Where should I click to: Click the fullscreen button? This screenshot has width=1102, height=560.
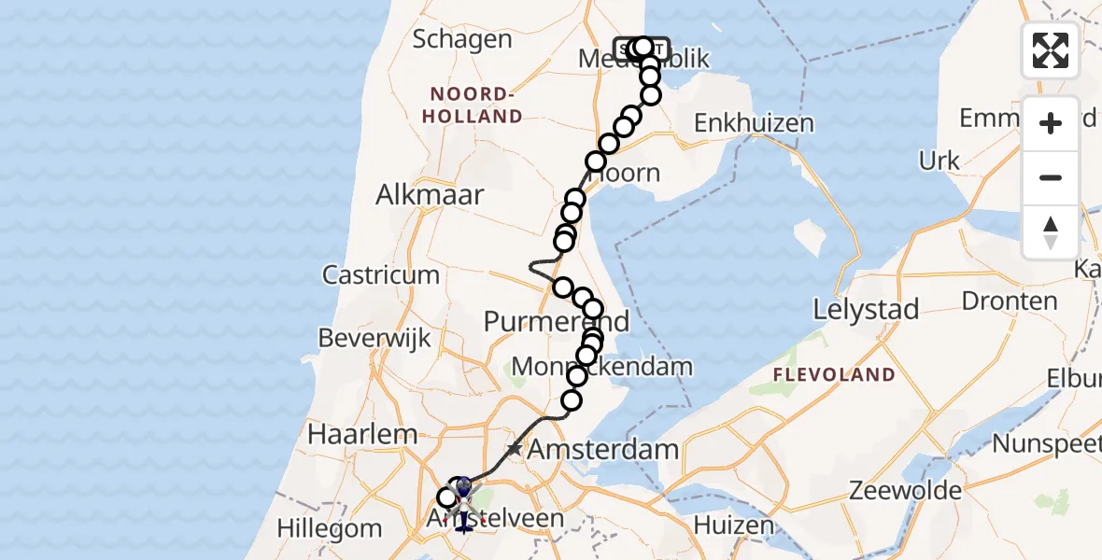(1051, 50)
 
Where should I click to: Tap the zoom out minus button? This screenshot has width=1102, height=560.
(1051, 177)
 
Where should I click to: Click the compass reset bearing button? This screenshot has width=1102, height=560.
(1051, 232)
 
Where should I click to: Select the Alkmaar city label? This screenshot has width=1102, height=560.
(430, 195)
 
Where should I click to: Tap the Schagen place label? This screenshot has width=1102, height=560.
(461, 39)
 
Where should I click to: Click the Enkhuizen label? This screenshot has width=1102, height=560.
(754, 123)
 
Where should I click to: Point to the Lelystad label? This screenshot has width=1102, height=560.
(866, 309)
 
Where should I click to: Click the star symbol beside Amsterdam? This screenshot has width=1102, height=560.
(514, 450)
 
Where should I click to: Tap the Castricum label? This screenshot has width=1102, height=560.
(381, 274)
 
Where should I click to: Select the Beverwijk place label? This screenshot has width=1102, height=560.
(374, 338)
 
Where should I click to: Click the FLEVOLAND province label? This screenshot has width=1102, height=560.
(833, 375)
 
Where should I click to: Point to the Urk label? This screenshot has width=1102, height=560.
(940, 161)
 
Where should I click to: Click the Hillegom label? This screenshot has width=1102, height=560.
(331, 529)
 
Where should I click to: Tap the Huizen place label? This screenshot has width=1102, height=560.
(734, 525)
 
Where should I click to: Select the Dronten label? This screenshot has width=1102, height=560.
(996, 301)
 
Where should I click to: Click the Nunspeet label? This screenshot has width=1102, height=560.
(1046, 443)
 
